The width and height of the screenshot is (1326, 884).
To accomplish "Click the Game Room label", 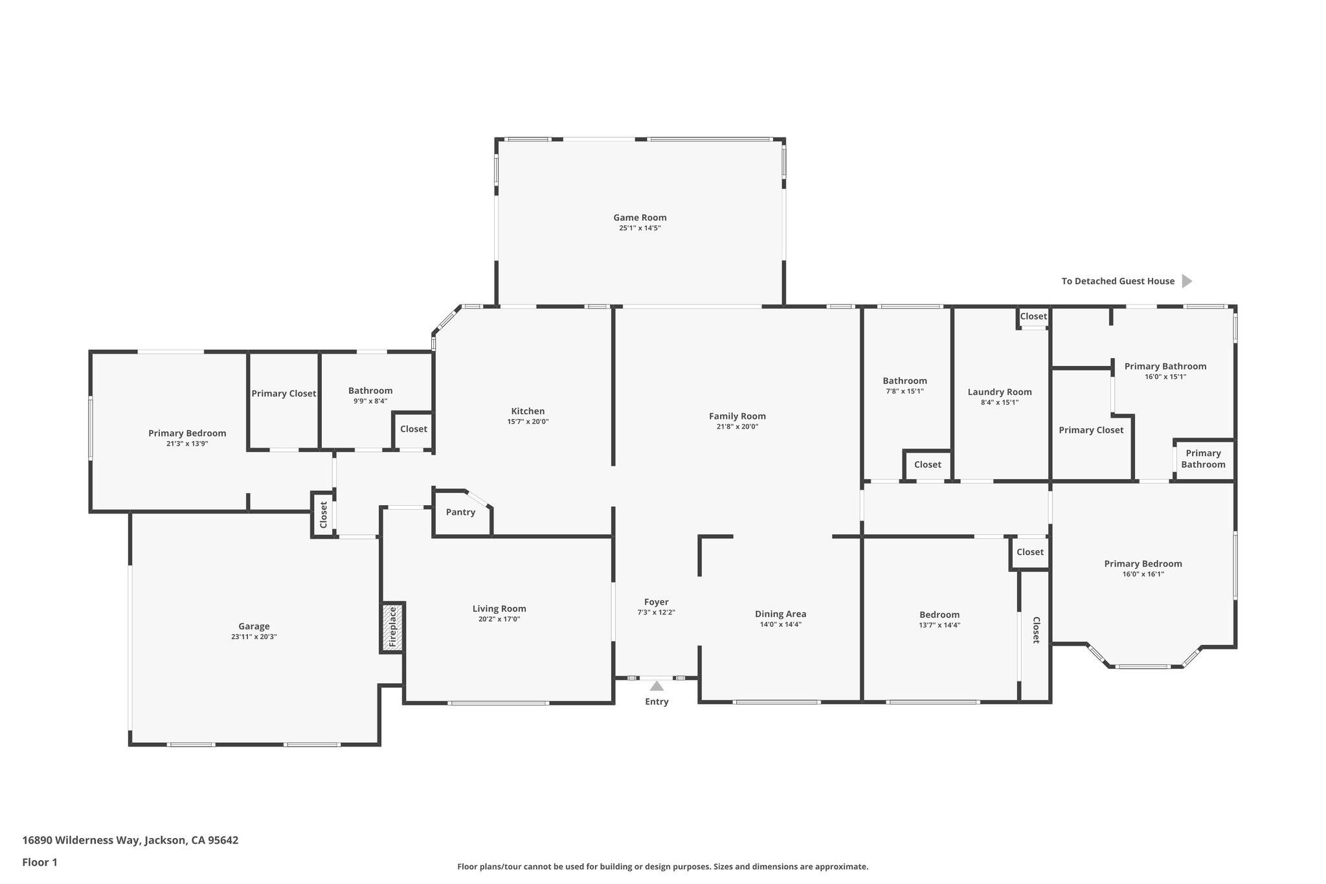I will point(640,218).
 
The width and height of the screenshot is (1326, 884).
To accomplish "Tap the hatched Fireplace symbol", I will point(392,627).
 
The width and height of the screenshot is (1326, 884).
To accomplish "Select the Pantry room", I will point(460,512).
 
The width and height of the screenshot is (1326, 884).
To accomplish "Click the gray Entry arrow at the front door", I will point(657,686).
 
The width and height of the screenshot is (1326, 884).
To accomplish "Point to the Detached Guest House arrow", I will point(1186,281).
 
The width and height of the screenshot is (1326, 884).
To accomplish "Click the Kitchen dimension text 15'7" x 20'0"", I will point(528,422).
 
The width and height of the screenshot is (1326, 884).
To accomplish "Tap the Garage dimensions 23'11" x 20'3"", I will point(254,637).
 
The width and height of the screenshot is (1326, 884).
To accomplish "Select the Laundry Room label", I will point(1000,392).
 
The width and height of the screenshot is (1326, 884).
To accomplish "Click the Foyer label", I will point(656,602).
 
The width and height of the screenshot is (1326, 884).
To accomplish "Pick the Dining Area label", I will point(780,614).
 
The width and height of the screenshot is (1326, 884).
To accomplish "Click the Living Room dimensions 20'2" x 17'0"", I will point(499,619).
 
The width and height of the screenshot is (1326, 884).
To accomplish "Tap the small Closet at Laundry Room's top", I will point(1033,317).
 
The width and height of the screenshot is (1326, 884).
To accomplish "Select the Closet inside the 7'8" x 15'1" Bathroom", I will point(927,465).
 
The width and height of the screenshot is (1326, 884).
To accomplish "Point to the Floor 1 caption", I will point(39,862).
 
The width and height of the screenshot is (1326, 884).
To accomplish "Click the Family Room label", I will point(737,416).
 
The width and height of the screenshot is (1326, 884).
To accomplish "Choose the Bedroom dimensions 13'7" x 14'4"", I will point(939,625).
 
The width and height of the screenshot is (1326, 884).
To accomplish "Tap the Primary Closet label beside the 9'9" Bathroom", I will point(284,394).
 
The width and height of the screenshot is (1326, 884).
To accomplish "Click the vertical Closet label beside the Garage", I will point(323,515).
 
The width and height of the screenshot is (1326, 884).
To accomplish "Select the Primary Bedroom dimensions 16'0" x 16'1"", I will point(1143,574).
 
